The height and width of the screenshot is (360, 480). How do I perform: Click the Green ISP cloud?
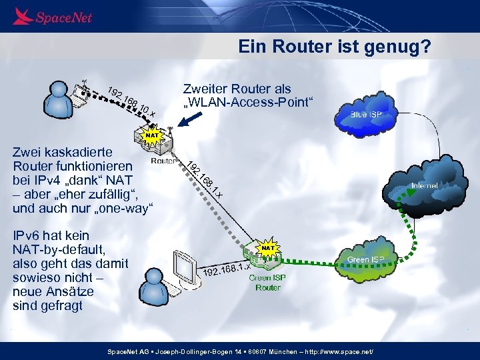pos(365,256)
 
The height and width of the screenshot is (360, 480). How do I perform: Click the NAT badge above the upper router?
pos(153,135)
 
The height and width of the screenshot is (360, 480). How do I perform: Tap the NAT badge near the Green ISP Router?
pos(268,247)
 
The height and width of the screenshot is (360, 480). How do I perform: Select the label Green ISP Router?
pos(268,283)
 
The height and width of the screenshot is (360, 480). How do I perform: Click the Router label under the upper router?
pos(163,161)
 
